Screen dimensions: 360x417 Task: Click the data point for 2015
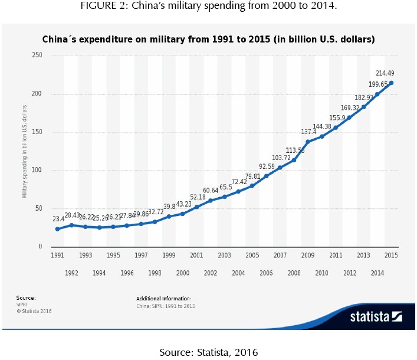coord(391,83)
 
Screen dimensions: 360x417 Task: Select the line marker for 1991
coord(58,229)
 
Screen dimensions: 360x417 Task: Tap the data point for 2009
coord(308,142)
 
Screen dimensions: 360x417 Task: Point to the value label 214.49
coord(386,73)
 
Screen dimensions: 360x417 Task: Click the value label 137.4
coord(310,131)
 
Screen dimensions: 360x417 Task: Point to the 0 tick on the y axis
coord(40,247)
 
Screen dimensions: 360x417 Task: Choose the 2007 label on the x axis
coord(280,256)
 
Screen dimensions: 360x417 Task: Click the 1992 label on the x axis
coord(72,273)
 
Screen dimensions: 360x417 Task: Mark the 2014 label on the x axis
coord(377,273)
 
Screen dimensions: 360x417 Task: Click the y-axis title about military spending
coord(25,151)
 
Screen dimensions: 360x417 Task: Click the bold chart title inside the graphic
coord(208,40)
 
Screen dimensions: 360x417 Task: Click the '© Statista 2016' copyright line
coord(34,310)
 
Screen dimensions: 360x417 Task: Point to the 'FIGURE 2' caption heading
coord(208,6)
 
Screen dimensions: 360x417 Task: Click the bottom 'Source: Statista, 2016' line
coord(208,352)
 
